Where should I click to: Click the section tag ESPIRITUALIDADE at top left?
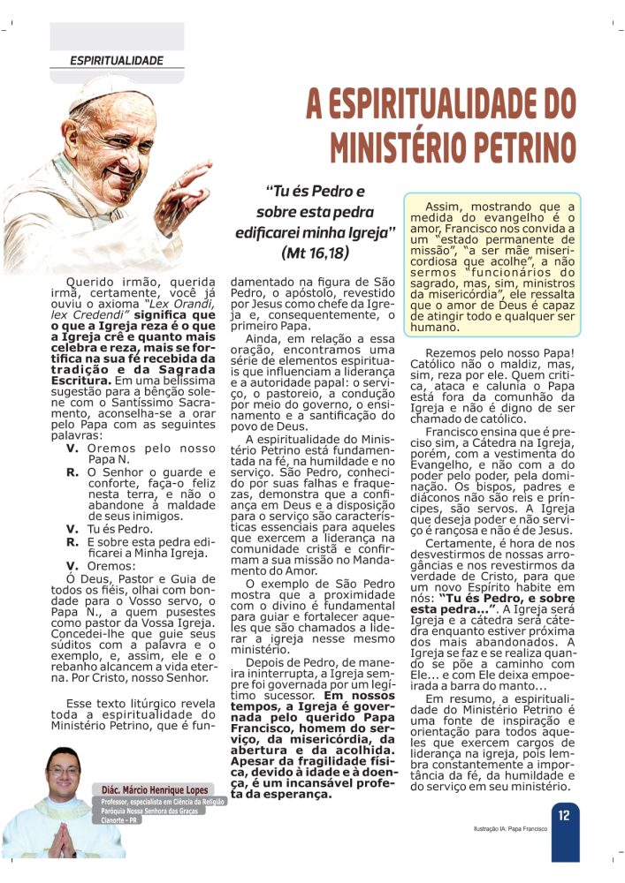[117, 61]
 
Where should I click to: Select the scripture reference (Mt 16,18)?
[314, 253]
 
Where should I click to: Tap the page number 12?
[563, 815]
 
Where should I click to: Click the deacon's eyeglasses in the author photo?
[64, 771]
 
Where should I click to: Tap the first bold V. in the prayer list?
[72, 449]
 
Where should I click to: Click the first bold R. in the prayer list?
[72, 473]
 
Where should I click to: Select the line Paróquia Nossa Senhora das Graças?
[151, 817]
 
